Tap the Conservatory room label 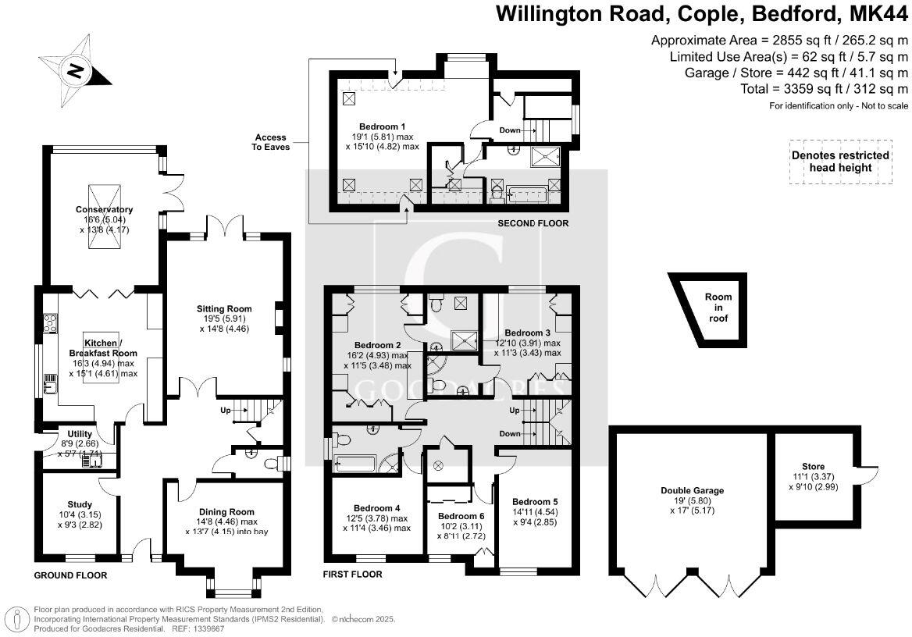(104, 209)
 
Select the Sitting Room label (223, 308)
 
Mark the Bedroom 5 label (536, 501)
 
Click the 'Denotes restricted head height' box (840, 162)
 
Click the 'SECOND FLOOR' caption (533, 224)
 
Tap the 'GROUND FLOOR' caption (69, 575)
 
